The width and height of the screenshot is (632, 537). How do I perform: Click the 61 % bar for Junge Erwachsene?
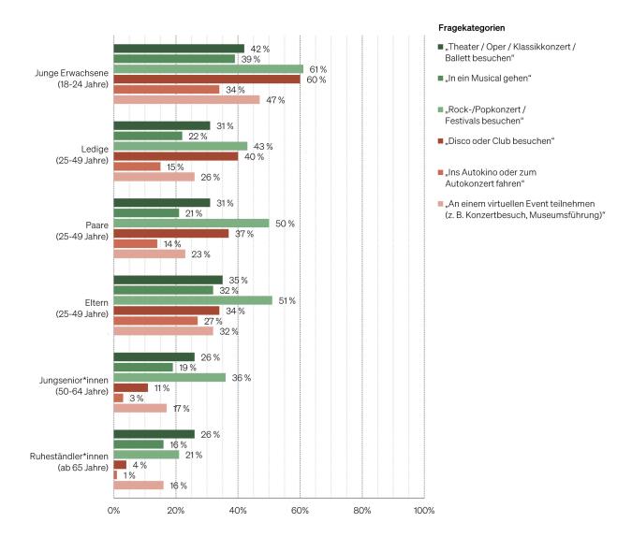[208, 69]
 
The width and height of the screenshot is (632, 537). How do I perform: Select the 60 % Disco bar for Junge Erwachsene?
[206, 80]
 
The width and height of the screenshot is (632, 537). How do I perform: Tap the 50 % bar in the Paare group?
[191, 223]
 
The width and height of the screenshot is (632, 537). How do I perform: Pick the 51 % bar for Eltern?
[193, 300]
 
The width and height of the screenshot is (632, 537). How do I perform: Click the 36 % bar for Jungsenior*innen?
[169, 377]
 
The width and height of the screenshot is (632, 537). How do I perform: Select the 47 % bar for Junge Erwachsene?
[186, 99]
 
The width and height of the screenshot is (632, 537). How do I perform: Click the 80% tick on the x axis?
[361, 510]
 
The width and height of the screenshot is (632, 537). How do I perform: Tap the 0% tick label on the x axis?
[113, 510]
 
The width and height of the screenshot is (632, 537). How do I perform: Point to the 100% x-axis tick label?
[423, 510]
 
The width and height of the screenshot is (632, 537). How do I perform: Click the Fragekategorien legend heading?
[478, 26]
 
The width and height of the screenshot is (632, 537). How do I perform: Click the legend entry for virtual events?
[524, 209]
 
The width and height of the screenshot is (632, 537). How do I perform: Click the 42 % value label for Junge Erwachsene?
[259, 49]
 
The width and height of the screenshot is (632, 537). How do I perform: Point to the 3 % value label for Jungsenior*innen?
[135, 398]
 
